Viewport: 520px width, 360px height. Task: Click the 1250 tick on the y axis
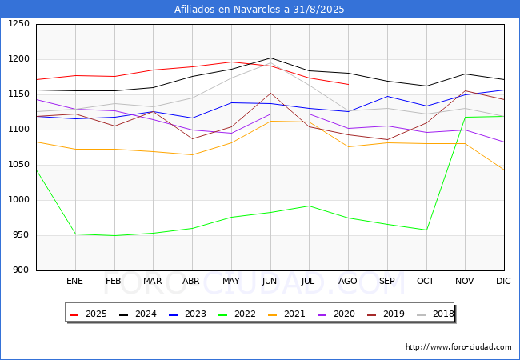pos(18,24)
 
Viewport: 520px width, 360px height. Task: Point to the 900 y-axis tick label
pos(21,270)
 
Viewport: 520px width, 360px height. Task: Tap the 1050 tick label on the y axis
pos(18,165)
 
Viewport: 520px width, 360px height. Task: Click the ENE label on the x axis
pos(74,282)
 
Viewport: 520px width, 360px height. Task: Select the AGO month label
pos(348,282)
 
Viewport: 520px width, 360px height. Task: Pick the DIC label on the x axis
pos(503,282)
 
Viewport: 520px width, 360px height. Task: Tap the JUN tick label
pos(270,282)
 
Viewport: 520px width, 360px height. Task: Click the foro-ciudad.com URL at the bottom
pos(458,347)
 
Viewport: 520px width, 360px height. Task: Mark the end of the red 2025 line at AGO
pos(348,85)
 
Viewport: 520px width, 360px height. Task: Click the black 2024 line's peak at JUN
pos(270,58)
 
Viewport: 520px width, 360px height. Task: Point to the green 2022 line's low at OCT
pos(426,230)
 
